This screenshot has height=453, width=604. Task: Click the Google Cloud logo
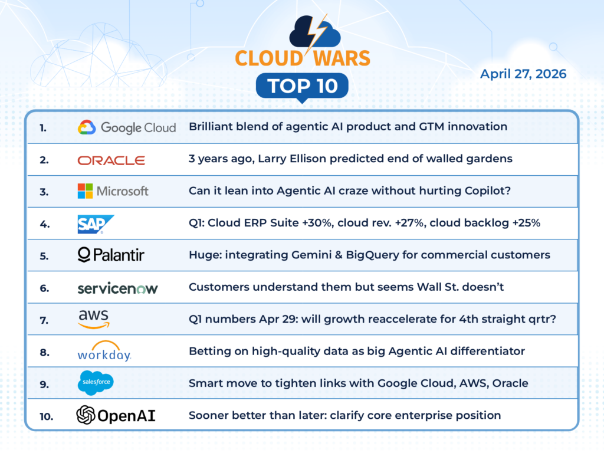pos(127,127)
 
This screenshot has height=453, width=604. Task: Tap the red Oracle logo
pos(111,160)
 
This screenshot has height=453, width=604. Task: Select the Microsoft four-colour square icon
pos(85,191)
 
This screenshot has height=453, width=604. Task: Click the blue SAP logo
pos(96,224)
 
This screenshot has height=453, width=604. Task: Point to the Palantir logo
pos(111,255)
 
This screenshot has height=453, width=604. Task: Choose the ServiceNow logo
pos(117,288)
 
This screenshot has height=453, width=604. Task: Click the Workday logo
pos(104,351)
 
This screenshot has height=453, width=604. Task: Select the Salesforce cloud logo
pos(96,383)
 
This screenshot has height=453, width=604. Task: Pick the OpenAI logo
pos(116,415)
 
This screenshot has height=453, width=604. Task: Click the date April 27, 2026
pos(523,74)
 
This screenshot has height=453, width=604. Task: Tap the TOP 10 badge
pos(303,86)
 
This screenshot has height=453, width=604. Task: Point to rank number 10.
pos(46,416)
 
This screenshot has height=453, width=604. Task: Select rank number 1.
pos(43,128)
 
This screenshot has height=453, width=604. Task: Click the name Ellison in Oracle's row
pos(308,159)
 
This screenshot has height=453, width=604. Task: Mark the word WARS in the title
pos(342,58)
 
